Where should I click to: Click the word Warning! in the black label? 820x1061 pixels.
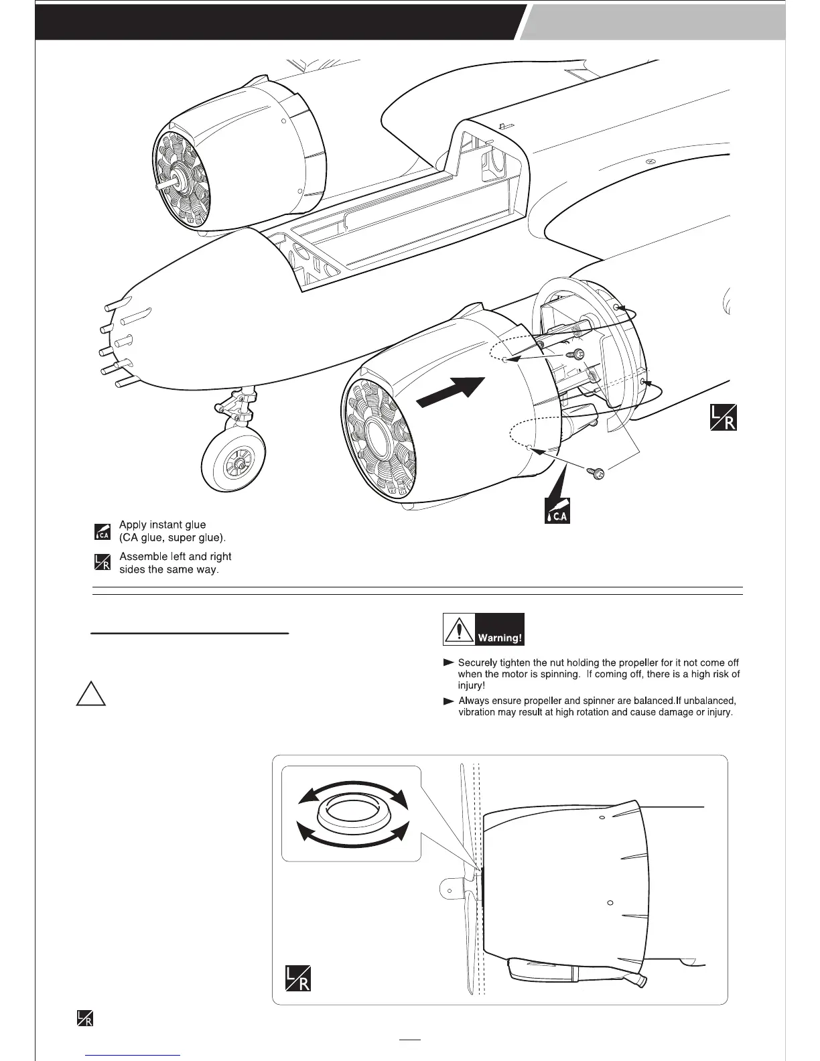point(499,638)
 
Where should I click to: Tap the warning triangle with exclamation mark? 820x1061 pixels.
point(459,630)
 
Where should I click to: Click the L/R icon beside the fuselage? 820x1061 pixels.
point(723,417)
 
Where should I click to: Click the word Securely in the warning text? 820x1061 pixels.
point(479,662)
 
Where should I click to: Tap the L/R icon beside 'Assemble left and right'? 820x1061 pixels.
point(102,562)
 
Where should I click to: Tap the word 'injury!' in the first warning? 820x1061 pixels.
point(471,685)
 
